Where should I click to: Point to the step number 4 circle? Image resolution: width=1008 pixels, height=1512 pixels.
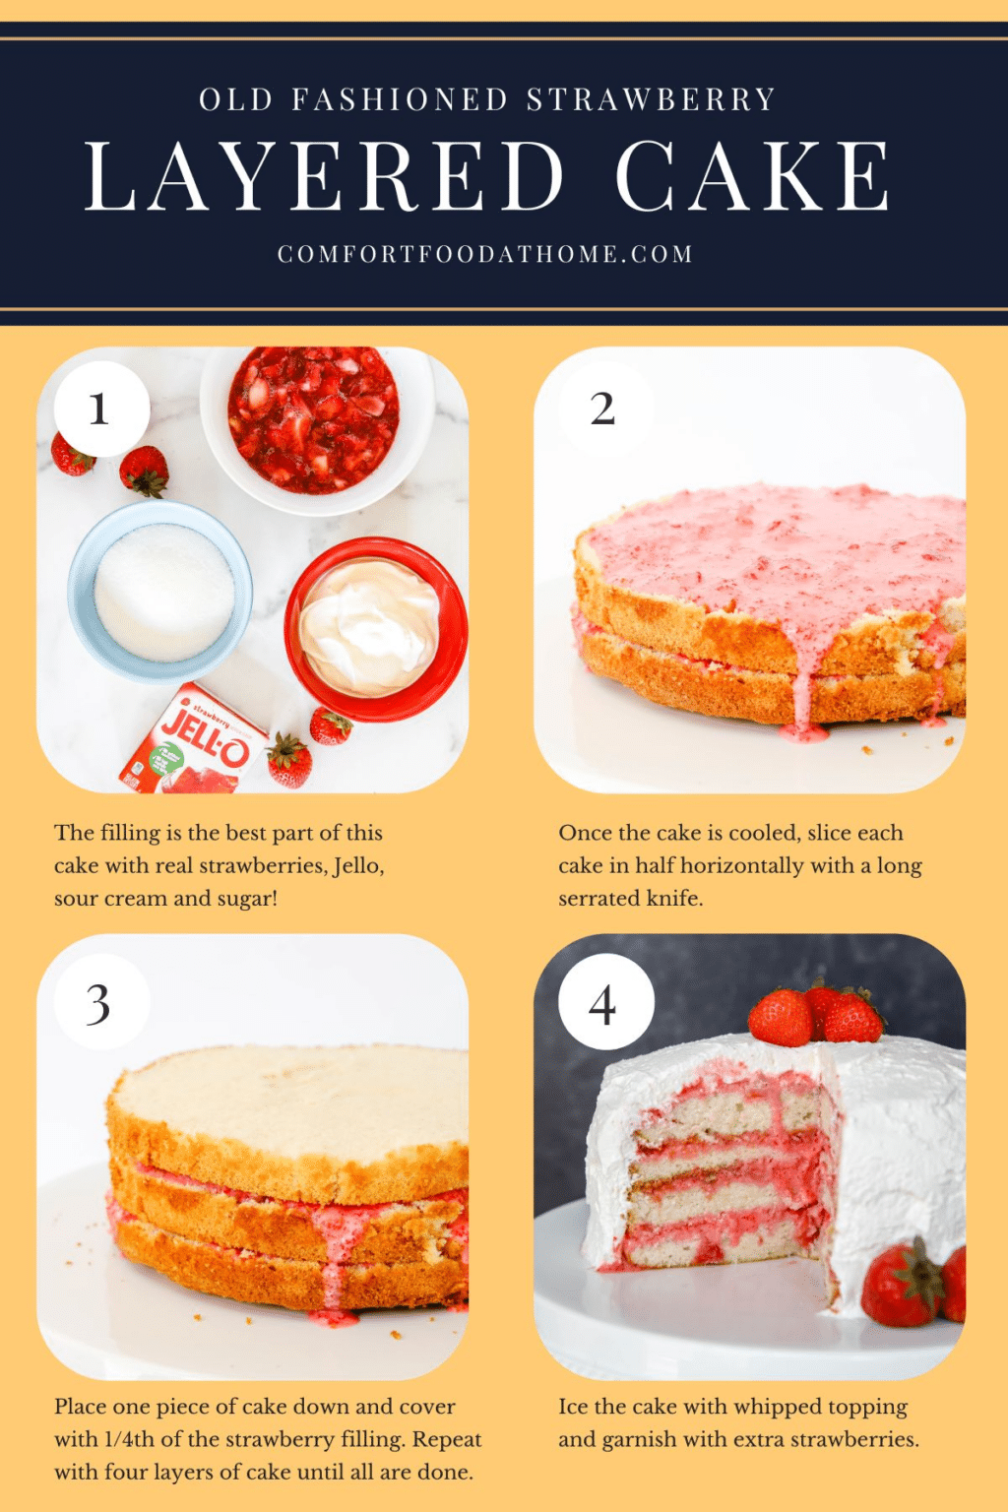pos(605,1003)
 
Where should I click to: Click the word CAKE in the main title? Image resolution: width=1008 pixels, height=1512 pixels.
pos(753,176)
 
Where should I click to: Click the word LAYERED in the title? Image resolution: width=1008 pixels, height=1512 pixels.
pos(325,176)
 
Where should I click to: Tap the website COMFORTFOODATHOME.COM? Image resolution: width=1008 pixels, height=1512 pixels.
pos(485,254)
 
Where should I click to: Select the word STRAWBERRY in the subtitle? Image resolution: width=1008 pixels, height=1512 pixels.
pos(652,99)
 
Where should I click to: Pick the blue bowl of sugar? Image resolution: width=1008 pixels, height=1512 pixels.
pos(160,591)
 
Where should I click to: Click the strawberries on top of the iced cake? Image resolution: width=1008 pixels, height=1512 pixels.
pos(815,1014)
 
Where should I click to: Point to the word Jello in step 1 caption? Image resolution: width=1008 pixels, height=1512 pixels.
pos(356,866)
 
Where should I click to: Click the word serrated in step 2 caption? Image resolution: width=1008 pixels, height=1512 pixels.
pos(598,899)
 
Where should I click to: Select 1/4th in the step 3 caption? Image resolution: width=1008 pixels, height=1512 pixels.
pos(129,1439)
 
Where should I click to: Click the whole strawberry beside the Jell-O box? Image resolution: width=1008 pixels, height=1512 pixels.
pos(289,761)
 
